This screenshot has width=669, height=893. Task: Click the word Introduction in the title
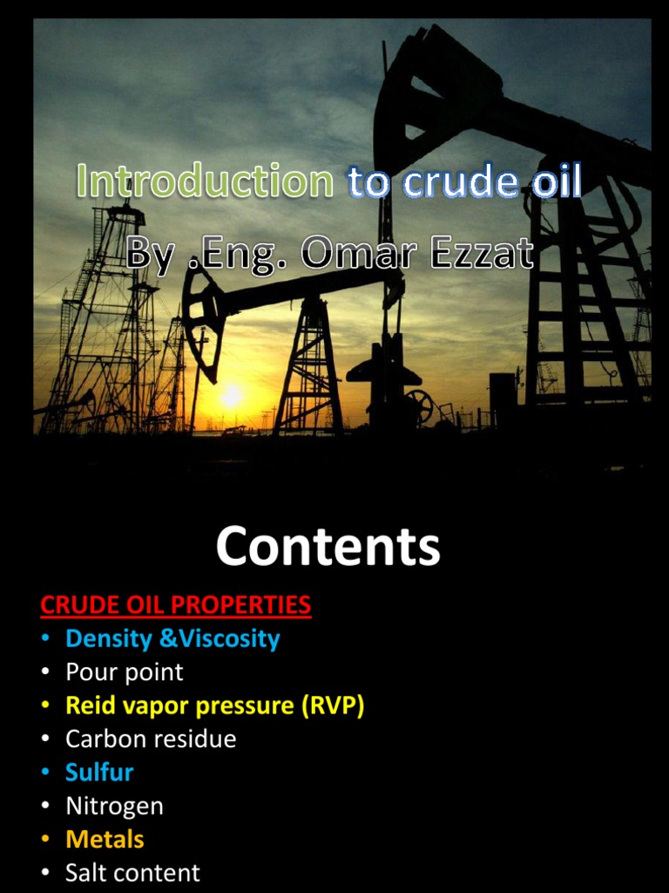coord(205,181)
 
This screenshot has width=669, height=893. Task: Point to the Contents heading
coord(328,547)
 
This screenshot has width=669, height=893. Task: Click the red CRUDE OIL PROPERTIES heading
coord(176,604)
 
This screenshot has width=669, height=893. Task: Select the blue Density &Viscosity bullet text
coord(172,638)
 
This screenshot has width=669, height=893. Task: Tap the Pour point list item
coord(125,672)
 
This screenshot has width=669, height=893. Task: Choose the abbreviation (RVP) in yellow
coord(333,706)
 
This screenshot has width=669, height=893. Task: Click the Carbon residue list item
coord(151,739)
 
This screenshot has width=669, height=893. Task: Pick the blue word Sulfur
coord(99,772)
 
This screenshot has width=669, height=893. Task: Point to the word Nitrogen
coord(114,806)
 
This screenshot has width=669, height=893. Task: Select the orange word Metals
coord(105,839)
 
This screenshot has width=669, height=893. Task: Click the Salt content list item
coord(132,872)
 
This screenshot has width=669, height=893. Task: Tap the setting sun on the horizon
coord(231,395)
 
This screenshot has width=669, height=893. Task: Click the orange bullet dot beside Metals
coord(46,840)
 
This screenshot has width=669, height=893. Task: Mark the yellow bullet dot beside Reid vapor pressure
coord(46,706)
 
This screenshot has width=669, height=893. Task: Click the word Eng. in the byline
coord(234,253)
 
